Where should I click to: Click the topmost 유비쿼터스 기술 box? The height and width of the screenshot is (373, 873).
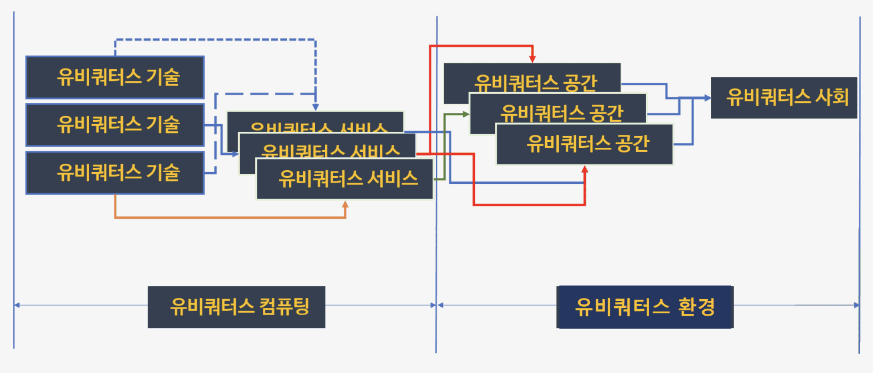(115, 77)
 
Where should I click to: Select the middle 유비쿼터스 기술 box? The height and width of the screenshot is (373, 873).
(115, 125)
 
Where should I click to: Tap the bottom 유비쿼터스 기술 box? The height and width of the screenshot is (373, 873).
(115, 173)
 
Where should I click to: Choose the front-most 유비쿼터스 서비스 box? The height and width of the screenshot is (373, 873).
(345, 179)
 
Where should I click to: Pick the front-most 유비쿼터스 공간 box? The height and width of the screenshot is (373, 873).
(584, 144)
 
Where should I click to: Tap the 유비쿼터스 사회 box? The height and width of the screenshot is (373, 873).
(784, 98)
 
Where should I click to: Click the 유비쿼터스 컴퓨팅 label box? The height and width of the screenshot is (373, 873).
(236, 307)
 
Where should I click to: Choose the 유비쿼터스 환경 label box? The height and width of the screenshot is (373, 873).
(645, 307)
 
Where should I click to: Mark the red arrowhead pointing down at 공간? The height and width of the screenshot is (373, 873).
(532, 59)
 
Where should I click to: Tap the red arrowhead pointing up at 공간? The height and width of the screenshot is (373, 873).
(585, 169)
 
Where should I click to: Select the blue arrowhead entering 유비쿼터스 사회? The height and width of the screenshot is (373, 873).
(707, 98)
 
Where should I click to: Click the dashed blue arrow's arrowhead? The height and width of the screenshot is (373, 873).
(315, 108)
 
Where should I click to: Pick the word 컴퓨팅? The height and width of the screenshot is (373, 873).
(284, 307)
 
